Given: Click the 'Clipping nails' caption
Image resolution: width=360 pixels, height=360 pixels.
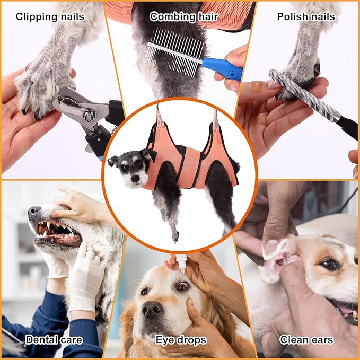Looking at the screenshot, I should click(x=50, y=16).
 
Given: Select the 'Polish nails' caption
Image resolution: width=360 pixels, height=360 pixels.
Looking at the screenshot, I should click(x=306, y=16).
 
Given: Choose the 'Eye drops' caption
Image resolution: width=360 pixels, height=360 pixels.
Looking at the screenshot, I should click(x=180, y=339).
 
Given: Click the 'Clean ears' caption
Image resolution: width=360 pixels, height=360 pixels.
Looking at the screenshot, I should click(x=306, y=339).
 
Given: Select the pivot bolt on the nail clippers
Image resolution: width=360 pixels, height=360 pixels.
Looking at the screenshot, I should click(x=88, y=112).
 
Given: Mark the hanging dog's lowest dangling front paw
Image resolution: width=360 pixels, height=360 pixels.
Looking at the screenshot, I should click(x=175, y=237).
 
